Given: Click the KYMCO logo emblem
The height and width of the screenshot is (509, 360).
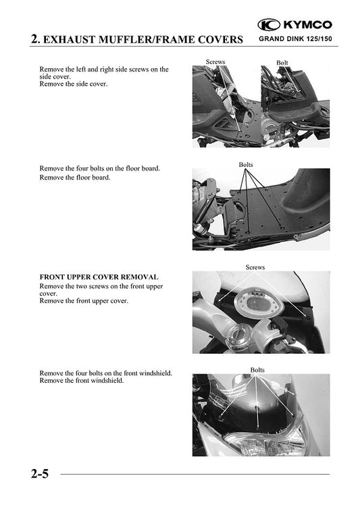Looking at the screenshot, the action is point(269,25).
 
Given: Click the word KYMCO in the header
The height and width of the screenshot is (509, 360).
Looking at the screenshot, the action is point(308,25).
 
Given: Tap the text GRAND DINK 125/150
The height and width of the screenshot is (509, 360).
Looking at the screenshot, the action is point(295,39).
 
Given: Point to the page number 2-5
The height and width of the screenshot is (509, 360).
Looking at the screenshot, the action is point(40,474).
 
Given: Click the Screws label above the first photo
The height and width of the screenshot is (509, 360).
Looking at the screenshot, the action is point(215,61).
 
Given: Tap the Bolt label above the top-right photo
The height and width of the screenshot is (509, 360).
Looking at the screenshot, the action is point(282,62).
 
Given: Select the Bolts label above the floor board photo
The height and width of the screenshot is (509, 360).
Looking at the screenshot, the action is point(246,165).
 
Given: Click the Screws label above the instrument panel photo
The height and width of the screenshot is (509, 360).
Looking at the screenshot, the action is point(255,267).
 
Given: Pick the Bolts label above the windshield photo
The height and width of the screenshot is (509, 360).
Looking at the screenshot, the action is point(257,370).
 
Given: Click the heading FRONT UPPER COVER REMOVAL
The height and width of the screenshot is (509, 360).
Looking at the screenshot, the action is point(99,277).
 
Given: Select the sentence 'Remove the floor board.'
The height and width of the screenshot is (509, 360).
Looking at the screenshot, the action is point(75,178).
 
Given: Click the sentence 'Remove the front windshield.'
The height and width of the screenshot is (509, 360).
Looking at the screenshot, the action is point(82,381).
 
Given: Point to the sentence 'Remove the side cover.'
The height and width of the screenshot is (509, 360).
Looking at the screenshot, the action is point(74,84).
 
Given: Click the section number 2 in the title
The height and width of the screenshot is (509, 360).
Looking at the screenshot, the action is point(35,39).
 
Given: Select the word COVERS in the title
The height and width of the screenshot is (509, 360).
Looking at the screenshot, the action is point(220,40).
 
